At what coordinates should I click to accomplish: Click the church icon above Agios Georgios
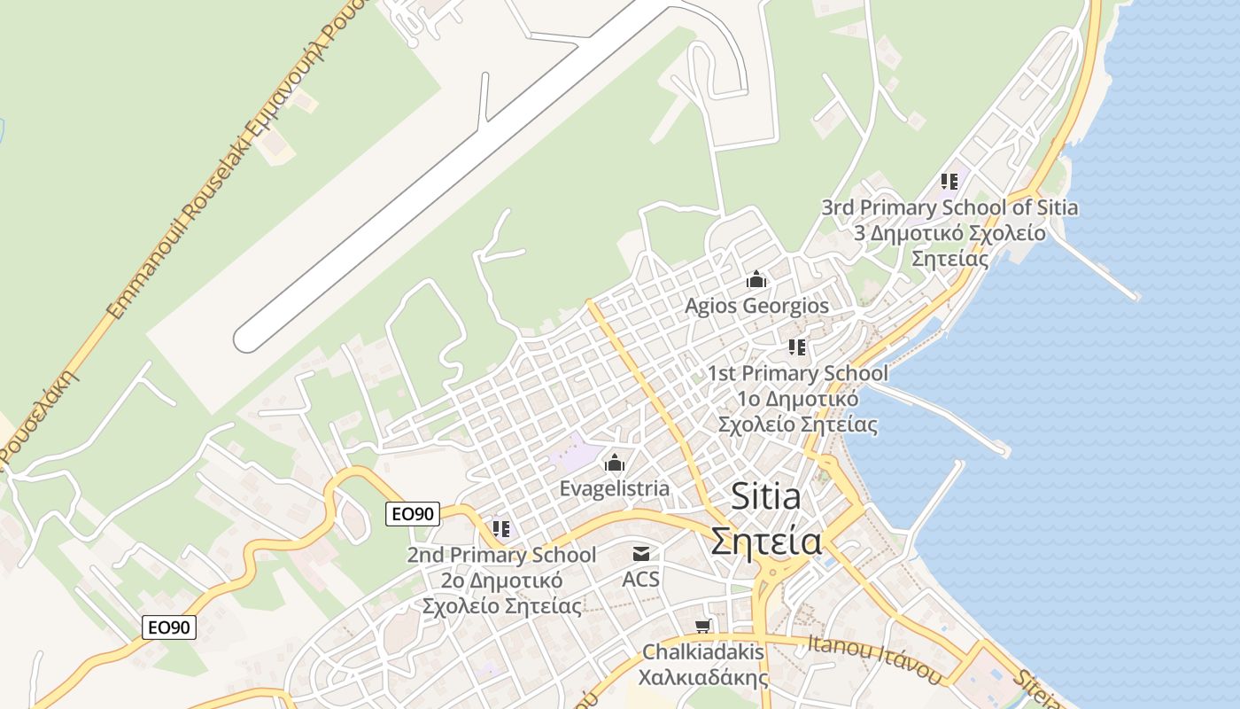tap(756, 280)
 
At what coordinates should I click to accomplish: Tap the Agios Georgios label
tap(756, 306)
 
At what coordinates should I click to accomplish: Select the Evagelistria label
tap(615, 488)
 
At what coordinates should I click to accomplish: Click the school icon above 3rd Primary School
tap(949, 182)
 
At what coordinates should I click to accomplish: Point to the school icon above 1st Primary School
tap(797, 347)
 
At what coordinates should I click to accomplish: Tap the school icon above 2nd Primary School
tap(501, 529)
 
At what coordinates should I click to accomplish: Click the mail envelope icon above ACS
tap(641, 554)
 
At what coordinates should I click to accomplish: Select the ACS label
tap(641, 579)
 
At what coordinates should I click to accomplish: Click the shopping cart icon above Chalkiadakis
tap(703, 627)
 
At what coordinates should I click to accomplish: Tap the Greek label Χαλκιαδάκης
tap(703, 678)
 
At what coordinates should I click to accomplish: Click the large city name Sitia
tap(766, 496)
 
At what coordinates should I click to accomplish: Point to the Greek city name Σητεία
tap(766, 541)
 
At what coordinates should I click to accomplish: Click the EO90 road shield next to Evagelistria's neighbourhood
tap(413, 513)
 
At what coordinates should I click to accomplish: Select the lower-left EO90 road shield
tap(169, 627)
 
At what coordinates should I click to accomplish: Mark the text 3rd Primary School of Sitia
tap(949, 207)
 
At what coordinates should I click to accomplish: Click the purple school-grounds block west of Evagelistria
tap(574, 455)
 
